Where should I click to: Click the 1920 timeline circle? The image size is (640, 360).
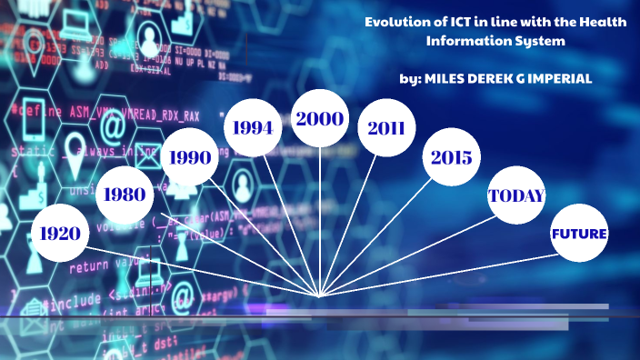pyautogui.click(x=60, y=234)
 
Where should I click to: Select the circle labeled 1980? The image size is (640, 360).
pyautogui.click(x=125, y=194)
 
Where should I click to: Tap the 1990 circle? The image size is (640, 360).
pyautogui.click(x=190, y=156)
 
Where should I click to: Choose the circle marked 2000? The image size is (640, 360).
pyautogui.click(x=319, y=119)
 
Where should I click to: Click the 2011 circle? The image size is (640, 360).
pyautogui.click(x=386, y=128)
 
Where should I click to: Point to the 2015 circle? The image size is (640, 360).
pyautogui.click(x=452, y=157)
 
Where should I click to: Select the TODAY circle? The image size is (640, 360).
pyautogui.click(x=516, y=195)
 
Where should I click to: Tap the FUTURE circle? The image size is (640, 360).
pyautogui.click(x=579, y=234)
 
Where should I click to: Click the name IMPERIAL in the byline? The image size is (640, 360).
pyautogui.click(x=554, y=79)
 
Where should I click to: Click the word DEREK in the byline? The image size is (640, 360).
pyautogui.click(x=485, y=79)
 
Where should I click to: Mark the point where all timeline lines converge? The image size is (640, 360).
pyautogui.click(x=320, y=295)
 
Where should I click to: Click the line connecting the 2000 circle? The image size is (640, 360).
pyautogui.click(x=320, y=218)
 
